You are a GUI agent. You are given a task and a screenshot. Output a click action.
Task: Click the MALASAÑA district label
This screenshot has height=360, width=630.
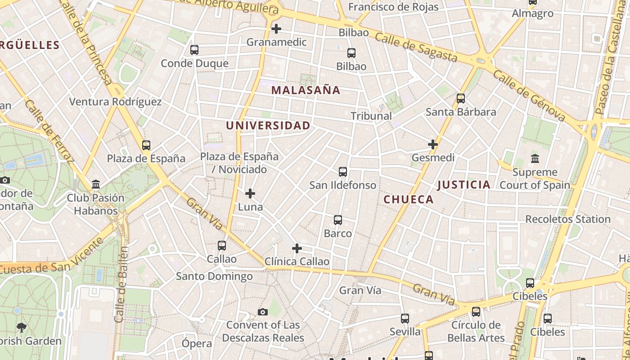(306, 90)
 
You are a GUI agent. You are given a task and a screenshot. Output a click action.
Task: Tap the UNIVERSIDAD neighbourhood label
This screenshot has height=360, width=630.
(268, 126)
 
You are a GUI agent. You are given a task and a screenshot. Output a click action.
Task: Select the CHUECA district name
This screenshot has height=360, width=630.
(409, 199)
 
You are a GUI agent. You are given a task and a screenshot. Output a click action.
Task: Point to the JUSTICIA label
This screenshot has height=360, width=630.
(463, 184)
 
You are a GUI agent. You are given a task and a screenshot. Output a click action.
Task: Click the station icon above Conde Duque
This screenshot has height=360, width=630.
(194, 50)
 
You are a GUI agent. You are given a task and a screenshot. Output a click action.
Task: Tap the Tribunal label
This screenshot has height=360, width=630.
(371, 116)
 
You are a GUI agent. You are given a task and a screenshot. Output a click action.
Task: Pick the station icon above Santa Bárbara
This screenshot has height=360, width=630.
(460, 99)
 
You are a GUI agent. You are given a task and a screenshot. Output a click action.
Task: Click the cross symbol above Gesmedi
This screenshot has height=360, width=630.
(433, 144)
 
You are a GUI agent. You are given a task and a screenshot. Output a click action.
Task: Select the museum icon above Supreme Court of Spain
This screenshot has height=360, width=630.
(535, 159)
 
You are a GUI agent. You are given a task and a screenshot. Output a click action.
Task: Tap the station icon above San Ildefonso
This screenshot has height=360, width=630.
(343, 172)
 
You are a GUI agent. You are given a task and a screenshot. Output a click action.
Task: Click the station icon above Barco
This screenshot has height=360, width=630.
(338, 220)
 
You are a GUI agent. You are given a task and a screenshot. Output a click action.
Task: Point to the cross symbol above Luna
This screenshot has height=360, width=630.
(250, 194)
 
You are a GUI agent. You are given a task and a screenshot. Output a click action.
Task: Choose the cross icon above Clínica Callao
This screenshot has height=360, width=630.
(297, 248)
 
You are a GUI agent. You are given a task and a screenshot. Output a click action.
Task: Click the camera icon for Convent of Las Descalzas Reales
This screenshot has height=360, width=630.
(263, 312)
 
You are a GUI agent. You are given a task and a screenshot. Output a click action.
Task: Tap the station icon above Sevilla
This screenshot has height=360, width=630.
(405, 319)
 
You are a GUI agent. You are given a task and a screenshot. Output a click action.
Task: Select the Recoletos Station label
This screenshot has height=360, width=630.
(568, 219)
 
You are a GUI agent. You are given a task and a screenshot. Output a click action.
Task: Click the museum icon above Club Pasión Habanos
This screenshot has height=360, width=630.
(96, 184)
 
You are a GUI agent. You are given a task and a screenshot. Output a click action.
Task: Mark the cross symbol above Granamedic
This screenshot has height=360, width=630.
(276, 29)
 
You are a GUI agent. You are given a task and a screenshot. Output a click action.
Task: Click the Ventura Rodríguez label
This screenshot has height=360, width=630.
(115, 102)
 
